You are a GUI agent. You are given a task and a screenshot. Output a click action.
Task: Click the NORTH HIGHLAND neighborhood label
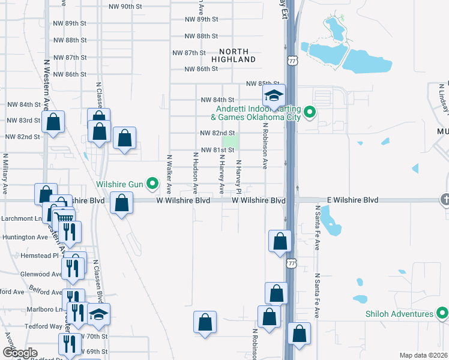pyautogui.click(x=234, y=55)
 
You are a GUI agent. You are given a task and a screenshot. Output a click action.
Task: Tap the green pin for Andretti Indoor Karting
pyautogui.click(x=310, y=112)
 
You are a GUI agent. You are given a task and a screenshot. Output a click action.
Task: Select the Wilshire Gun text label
pyautogui.click(x=119, y=184)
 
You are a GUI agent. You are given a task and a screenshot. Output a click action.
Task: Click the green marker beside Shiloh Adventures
pyautogui.click(x=442, y=313)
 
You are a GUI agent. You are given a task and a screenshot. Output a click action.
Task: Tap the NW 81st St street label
pyautogui.click(x=217, y=150)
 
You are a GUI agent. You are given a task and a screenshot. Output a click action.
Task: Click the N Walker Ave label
pyautogui.click(x=170, y=174)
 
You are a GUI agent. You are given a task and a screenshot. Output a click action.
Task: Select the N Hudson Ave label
pyautogui.click(x=195, y=173)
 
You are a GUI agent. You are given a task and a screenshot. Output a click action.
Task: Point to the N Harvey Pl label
pyautogui.click(x=238, y=176)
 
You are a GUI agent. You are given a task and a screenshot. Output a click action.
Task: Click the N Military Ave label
pyautogui.click(x=5, y=174)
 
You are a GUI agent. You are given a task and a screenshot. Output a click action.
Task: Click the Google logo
pyautogui.click(x=20, y=353)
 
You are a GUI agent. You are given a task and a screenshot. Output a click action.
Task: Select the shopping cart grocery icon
pyautogui.click(x=64, y=218)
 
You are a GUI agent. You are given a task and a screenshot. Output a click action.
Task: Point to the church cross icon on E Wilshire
pyautogui.click(x=445, y=199)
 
